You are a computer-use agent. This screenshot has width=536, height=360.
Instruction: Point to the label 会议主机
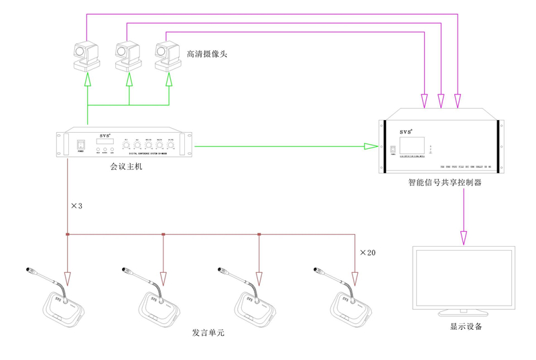126,166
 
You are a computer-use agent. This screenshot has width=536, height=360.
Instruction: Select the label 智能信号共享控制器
445,182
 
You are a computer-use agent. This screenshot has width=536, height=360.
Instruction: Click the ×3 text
76,206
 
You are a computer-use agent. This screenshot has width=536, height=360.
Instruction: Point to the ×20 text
367,253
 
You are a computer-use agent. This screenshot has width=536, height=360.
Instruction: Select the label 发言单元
208,333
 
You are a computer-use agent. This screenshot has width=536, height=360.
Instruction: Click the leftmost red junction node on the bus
68,234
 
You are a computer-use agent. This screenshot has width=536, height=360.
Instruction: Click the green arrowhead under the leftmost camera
86,80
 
